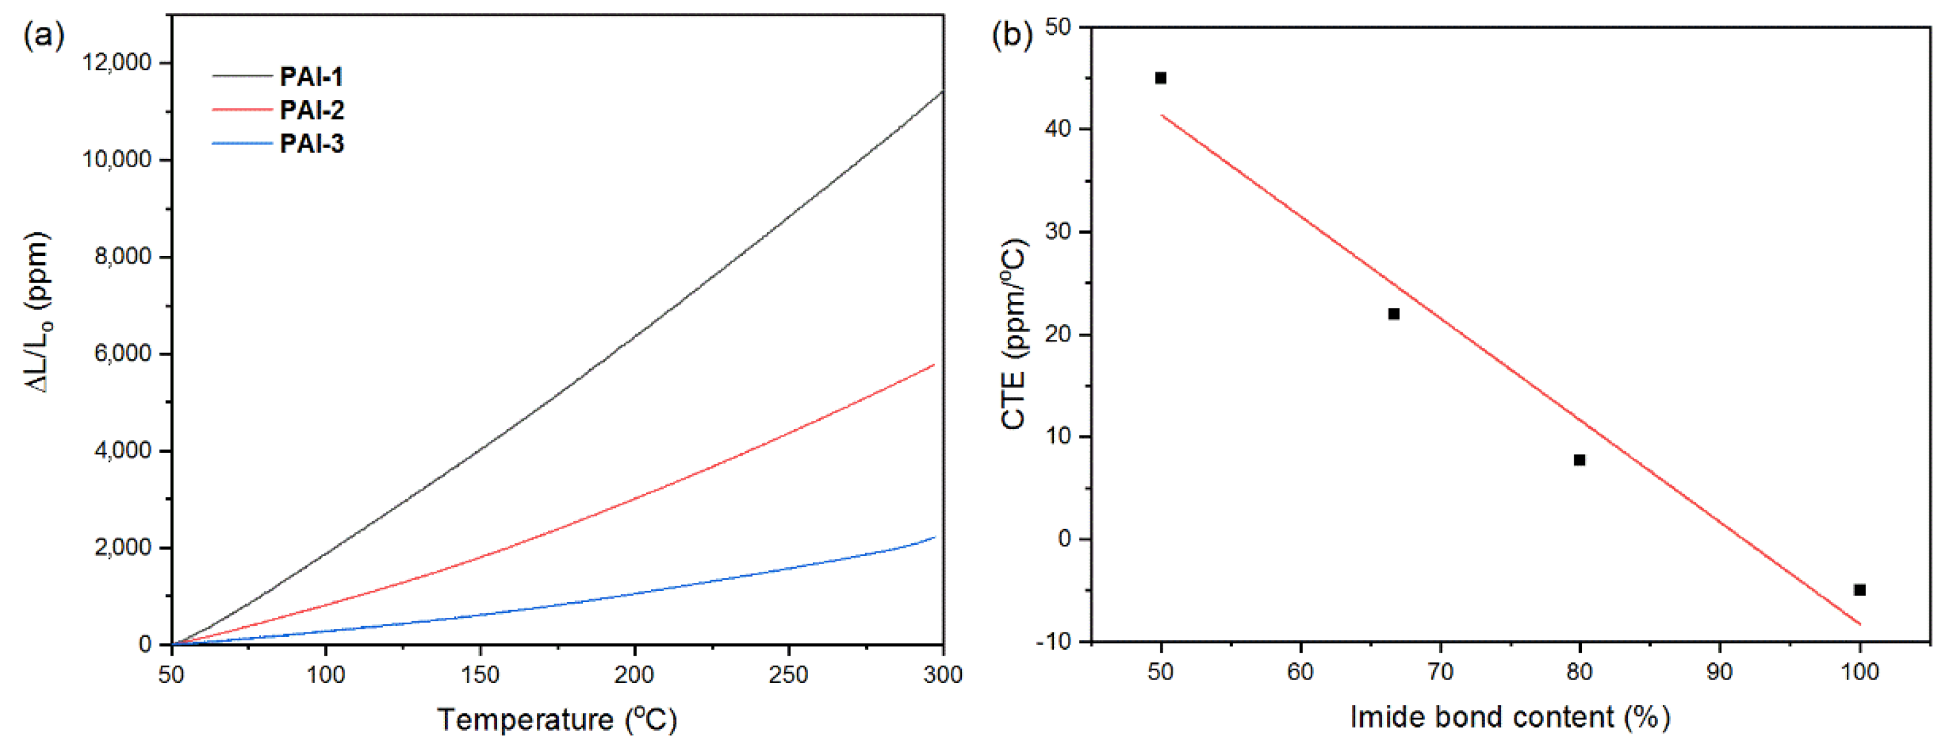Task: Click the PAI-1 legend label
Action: (311, 76)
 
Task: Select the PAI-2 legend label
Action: (311, 110)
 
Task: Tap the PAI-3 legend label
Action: (311, 143)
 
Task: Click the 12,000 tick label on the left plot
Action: (117, 63)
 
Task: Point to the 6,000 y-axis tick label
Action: (123, 353)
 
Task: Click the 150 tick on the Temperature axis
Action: (480, 674)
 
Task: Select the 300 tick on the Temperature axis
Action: (943, 674)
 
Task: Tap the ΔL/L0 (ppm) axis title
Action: (38, 312)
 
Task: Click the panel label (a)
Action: (44, 36)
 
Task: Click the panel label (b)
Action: (1011, 36)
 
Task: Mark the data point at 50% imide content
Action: (1161, 78)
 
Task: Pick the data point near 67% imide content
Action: (1394, 314)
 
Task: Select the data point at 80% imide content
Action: (1580, 460)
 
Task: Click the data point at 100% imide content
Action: (1860, 590)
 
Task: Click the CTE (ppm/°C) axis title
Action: (1015, 335)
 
